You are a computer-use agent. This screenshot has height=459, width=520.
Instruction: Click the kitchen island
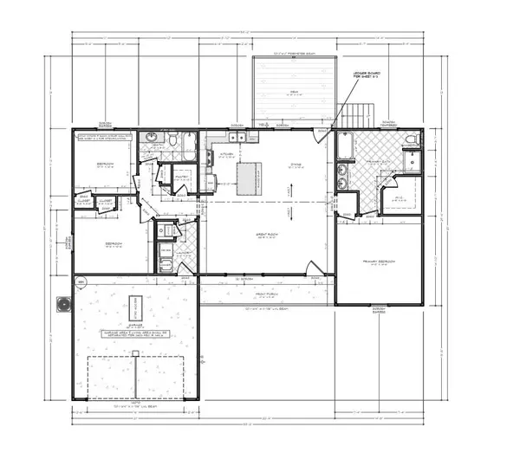click(245, 175)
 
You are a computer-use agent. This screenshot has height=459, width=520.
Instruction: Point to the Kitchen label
click(226, 154)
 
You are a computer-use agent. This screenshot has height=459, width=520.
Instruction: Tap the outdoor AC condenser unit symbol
click(62, 303)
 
